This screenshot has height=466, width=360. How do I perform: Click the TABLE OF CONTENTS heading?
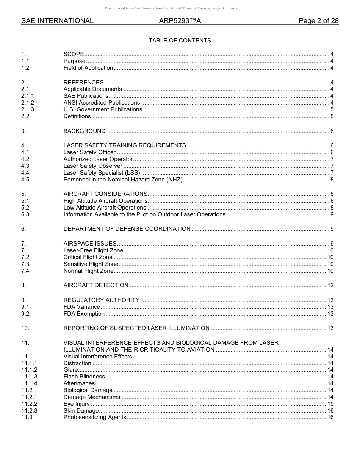click(180, 41)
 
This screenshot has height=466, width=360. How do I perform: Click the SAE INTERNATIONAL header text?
click(57, 21)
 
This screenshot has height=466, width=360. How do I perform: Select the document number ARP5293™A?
click(180, 21)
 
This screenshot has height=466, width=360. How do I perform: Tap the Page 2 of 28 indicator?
click(318, 21)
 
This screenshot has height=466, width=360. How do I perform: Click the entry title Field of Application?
click(88, 68)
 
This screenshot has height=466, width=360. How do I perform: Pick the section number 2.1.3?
click(28, 109)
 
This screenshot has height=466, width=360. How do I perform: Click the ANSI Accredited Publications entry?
click(102, 103)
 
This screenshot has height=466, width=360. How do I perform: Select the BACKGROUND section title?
click(85, 131)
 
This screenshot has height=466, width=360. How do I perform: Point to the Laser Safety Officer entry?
click(89, 152)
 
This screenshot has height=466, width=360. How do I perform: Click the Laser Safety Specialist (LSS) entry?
click(102, 173)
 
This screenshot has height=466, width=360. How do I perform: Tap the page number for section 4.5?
click(332, 180)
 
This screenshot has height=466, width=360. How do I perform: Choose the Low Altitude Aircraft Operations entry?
click(105, 208)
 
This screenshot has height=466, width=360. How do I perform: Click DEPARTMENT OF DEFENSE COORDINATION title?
click(127, 229)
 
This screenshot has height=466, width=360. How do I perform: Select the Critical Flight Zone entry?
click(88, 257)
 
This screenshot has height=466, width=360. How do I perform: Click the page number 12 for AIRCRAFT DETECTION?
click(330, 285)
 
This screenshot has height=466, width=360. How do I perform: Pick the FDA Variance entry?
click(82, 307)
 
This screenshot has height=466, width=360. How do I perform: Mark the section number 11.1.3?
click(29, 377)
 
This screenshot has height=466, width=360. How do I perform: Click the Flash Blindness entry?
click(84, 377)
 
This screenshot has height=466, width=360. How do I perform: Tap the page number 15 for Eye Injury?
click(330, 404)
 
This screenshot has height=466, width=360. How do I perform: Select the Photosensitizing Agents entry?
click(95, 417)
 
